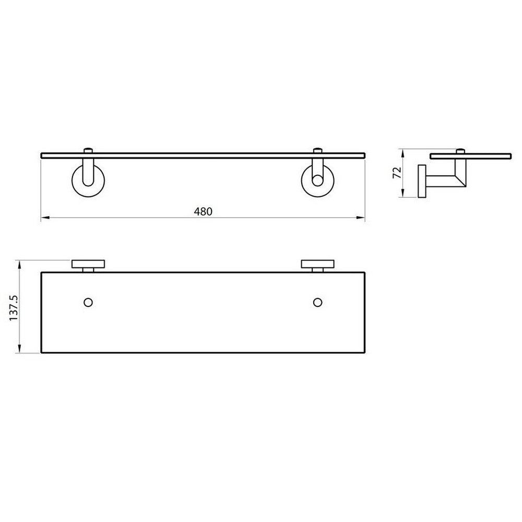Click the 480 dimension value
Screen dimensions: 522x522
(x=203, y=211)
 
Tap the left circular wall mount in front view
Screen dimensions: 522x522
(x=87, y=181)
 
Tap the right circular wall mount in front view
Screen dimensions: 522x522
(x=317, y=181)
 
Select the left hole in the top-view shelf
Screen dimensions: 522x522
(x=88, y=302)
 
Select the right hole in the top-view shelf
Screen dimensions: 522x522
(x=317, y=302)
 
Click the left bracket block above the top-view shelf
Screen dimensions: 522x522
(x=88, y=264)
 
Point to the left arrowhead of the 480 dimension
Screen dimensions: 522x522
(x=44, y=218)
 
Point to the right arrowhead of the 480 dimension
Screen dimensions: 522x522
(x=362, y=218)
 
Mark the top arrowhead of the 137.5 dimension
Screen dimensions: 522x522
(x=20, y=263)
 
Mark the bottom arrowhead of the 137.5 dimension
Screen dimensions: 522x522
(x=20, y=350)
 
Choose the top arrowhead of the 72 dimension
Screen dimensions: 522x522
(x=402, y=152)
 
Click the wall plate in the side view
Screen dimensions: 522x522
(x=422, y=182)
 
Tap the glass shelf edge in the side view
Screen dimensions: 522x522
(x=470, y=156)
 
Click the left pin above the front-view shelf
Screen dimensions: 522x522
(x=88, y=151)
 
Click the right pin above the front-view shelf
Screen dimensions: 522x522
(x=317, y=151)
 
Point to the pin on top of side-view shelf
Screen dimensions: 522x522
(x=461, y=151)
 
